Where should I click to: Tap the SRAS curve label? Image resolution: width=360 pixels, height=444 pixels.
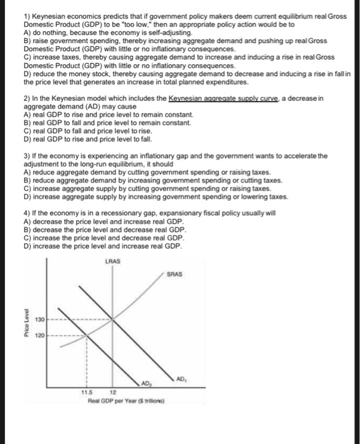tap(175, 275)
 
